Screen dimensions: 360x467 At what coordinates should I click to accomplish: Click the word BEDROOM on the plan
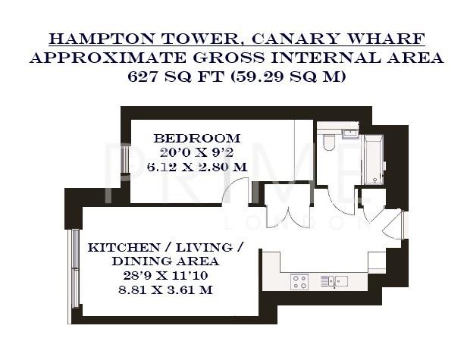coord(196,139)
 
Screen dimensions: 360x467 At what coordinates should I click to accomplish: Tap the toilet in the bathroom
coord(329,142)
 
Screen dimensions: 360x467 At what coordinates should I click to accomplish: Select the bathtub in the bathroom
coord(374,160)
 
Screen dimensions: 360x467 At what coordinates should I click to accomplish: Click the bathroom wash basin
coord(349,133)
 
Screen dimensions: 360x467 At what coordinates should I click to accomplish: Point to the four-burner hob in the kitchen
coord(299,282)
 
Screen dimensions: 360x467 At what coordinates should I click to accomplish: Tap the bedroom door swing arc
coord(237,190)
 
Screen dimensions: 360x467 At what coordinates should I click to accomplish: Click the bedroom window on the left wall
coord(126,160)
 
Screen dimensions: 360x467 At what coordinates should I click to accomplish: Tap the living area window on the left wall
coord(74,269)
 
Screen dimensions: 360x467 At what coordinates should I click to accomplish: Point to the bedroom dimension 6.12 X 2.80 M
coord(196,166)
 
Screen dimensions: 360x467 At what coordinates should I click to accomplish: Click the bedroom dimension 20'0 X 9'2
coord(196,152)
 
